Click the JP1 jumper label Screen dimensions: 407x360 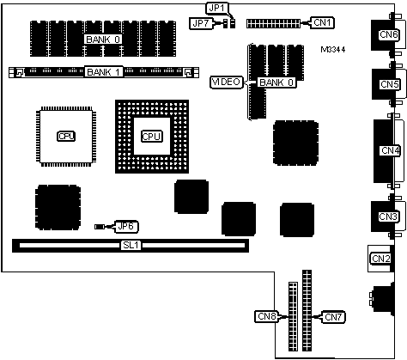pyautogui.click(x=216, y=8)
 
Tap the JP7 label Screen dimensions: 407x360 pyautogui.click(x=201, y=23)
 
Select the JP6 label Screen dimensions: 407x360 pyautogui.click(x=126, y=227)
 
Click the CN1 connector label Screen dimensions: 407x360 pyautogui.click(x=322, y=22)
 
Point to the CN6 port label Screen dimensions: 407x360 pyautogui.click(x=389, y=34)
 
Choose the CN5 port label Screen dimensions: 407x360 pyautogui.click(x=389, y=84)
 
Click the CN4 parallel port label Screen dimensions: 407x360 pyautogui.click(x=390, y=150)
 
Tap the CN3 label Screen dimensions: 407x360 pyautogui.click(x=388, y=217)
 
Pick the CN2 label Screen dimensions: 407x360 pyautogui.click(x=380, y=259)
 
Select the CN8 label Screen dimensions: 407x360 pyautogui.click(x=266, y=316)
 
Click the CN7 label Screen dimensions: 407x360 pyautogui.click(x=333, y=317)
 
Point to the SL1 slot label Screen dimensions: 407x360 pyautogui.click(x=131, y=245)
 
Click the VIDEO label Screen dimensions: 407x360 pyautogui.click(x=226, y=82)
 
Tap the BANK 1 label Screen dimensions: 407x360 pyautogui.click(x=104, y=72)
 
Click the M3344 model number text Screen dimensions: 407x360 pyautogui.click(x=333, y=50)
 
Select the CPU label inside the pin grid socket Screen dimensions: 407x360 pyautogui.click(x=152, y=137)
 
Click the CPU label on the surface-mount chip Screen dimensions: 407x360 pyautogui.click(x=66, y=137)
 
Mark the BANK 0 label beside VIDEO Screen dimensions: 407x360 pyautogui.click(x=276, y=82)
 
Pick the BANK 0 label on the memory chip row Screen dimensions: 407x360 pyautogui.click(x=103, y=40)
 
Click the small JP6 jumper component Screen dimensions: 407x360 pyautogui.click(x=99, y=227)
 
